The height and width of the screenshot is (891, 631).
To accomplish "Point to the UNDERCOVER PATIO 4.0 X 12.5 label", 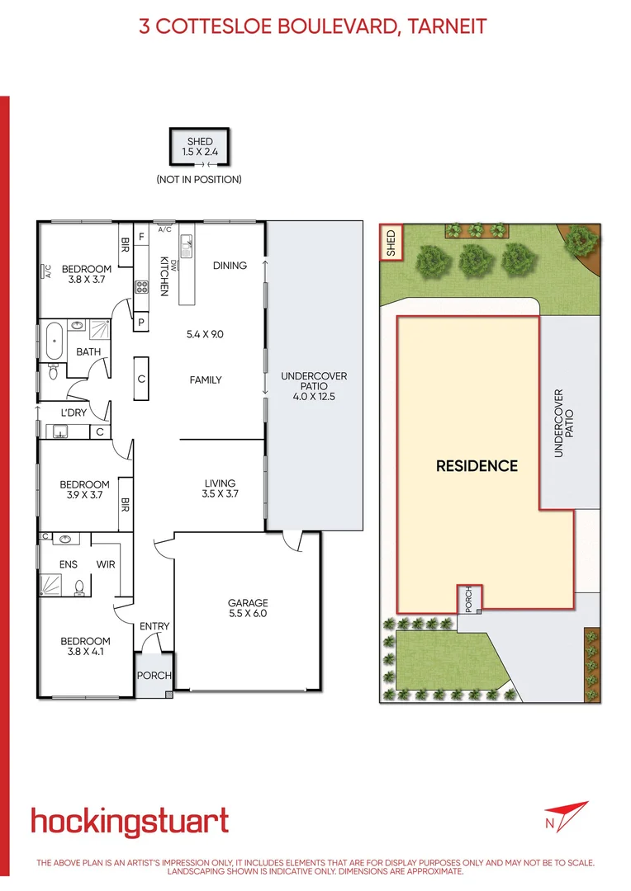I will click(315, 386).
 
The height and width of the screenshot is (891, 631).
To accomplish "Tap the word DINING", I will click(230, 265).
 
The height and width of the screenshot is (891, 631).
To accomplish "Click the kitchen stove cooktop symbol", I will click(141, 288).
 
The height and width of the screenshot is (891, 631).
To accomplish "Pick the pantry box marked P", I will click(141, 322).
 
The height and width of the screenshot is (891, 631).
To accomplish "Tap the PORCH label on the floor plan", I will click(154, 676).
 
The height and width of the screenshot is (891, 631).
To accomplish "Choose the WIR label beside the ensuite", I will click(106, 564).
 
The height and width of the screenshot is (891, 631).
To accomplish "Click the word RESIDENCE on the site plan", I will click(477, 466).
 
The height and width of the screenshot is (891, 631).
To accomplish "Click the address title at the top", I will click(313, 26).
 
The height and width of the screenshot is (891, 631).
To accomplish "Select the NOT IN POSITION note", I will click(199, 179).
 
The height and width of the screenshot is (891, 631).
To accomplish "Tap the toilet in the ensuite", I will click(80, 587).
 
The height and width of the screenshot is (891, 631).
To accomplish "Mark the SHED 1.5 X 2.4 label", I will click(200, 147).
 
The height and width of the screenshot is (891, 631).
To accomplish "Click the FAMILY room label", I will click(206, 379).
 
